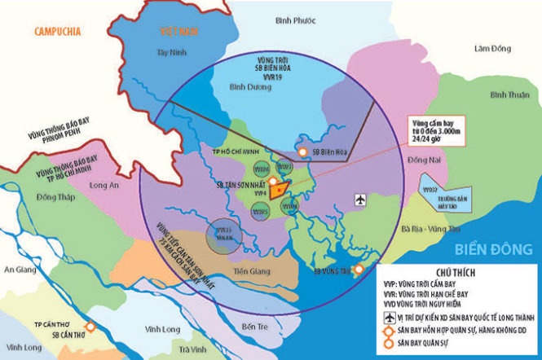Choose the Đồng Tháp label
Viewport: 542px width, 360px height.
(x=55, y=198)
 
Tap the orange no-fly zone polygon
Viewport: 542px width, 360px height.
(x=280, y=189)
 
